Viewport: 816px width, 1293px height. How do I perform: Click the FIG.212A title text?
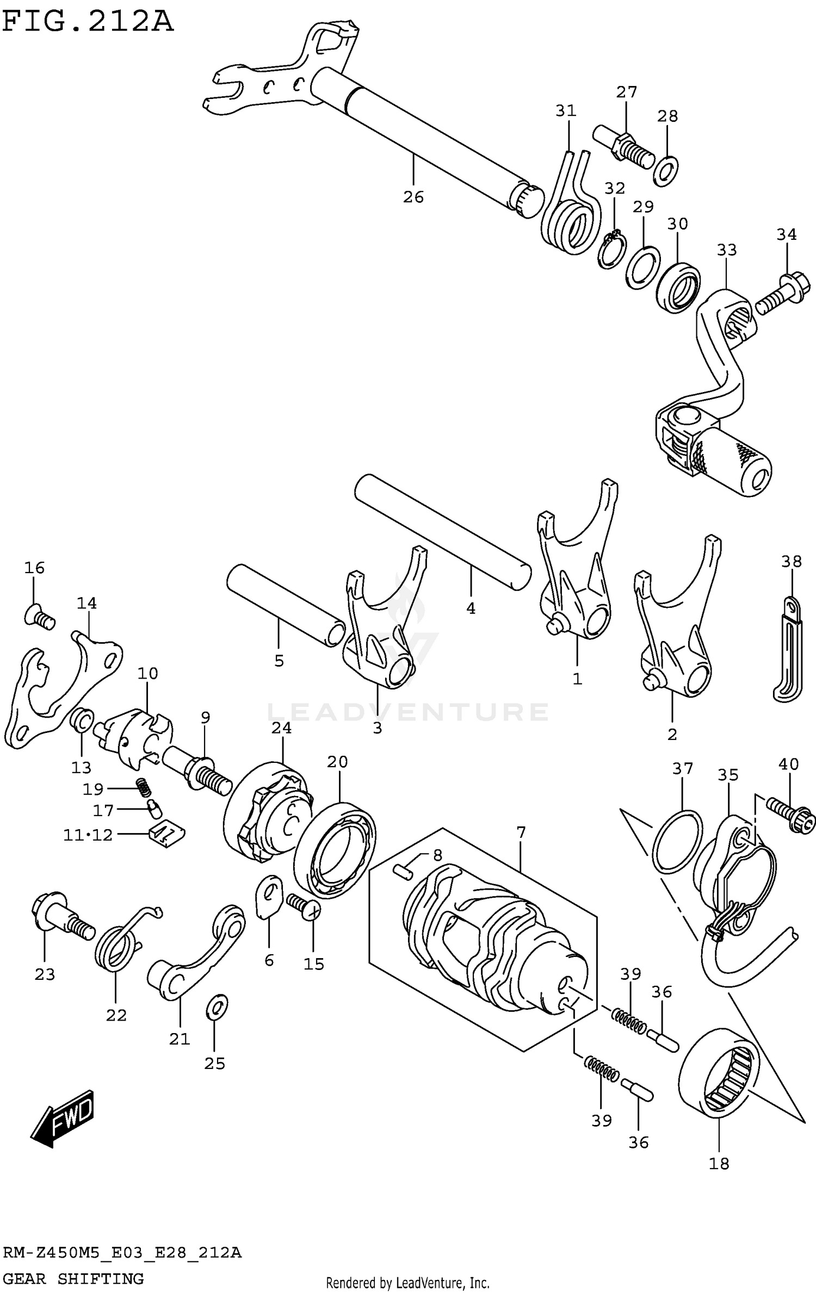coord(87,22)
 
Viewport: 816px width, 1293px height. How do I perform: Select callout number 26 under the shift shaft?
coord(413,197)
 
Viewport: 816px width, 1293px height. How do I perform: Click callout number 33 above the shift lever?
coord(726,250)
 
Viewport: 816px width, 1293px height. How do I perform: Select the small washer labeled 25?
coord(217,1009)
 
